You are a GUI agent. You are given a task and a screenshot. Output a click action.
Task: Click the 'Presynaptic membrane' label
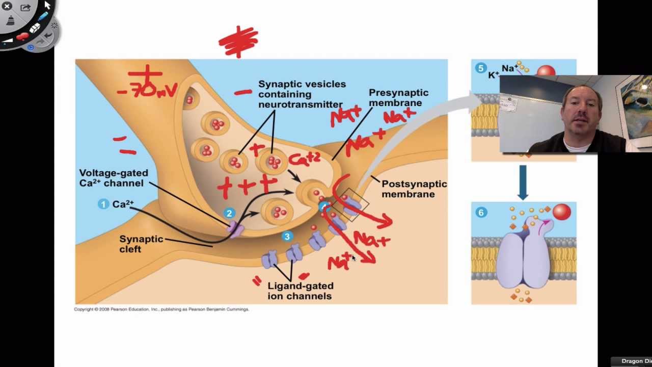click(x=398, y=98)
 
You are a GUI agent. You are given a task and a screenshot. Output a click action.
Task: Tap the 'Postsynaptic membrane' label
click(x=414, y=189)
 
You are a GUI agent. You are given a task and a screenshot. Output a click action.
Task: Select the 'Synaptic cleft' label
click(x=141, y=244)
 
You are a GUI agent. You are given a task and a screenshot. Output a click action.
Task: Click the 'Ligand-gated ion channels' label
click(x=300, y=291)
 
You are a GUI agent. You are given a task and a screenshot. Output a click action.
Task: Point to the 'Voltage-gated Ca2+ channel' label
click(x=114, y=178)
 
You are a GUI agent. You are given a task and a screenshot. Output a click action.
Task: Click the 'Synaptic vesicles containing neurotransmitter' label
click(x=302, y=94)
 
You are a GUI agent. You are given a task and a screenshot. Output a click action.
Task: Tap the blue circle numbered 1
click(x=103, y=204)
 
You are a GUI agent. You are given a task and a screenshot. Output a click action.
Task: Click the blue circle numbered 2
click(x=229, y=214)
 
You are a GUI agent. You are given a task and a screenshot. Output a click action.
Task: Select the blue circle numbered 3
click(x=287, y=237)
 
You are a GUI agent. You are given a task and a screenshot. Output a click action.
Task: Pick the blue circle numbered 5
click(x=480, y=68)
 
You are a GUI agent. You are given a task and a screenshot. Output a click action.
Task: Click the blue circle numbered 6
click(x=480, y=213)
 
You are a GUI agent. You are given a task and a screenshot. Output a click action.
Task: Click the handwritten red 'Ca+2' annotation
click(x=304, y=160)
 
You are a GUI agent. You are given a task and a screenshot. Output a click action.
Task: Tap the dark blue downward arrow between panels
click(x=523, y=181)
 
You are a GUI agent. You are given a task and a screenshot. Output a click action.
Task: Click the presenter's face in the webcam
click(x=581, y=115)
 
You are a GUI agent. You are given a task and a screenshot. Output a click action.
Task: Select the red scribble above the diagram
click(x=238, y=42)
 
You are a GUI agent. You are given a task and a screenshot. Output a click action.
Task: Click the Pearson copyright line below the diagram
click(x=161, y=309)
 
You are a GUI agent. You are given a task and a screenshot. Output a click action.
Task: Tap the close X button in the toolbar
click(x=7, y=7)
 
